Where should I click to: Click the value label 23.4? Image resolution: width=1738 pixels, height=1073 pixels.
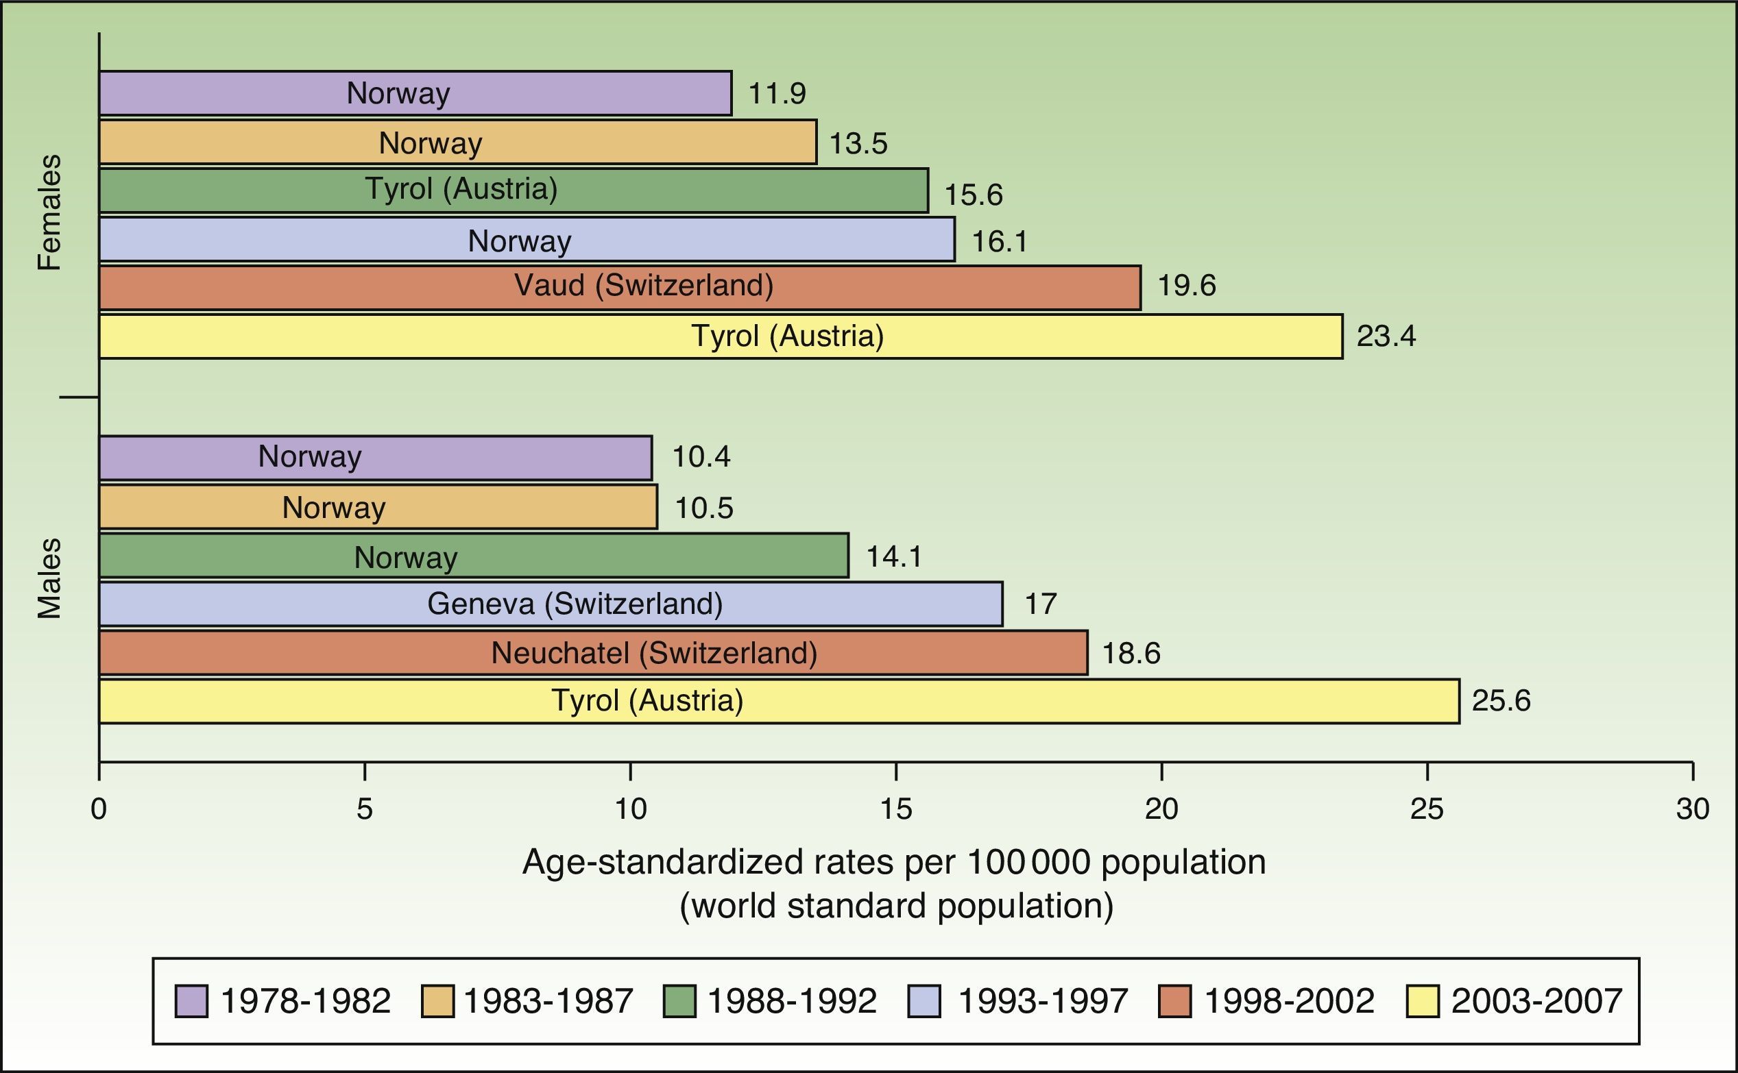[x=1385, y=336]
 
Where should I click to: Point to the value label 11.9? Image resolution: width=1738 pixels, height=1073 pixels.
[x=777, y=94]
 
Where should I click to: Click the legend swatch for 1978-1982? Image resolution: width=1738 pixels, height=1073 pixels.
[x=191, y=1001]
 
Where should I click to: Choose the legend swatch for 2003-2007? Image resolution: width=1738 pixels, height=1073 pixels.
[x=1422, y=1001]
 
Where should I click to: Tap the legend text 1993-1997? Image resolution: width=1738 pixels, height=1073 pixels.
[x=1042, y=1001]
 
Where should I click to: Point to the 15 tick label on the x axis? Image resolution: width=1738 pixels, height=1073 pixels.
[x=896, y=809]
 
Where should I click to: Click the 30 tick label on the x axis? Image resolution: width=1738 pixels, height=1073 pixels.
[x=1693, y=809]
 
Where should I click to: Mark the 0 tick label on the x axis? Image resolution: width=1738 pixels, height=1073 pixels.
[x=99, y=809]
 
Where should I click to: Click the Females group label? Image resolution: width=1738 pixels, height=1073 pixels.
[x=49, y=212]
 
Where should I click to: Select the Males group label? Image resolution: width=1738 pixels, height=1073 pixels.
[x=49, y=578]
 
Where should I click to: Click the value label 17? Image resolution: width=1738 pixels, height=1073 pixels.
[x=1040, y=604]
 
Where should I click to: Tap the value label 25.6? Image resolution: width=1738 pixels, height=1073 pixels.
[x=1501, y=701]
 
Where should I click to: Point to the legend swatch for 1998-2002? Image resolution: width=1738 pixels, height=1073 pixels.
[x=1174, y=1001]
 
